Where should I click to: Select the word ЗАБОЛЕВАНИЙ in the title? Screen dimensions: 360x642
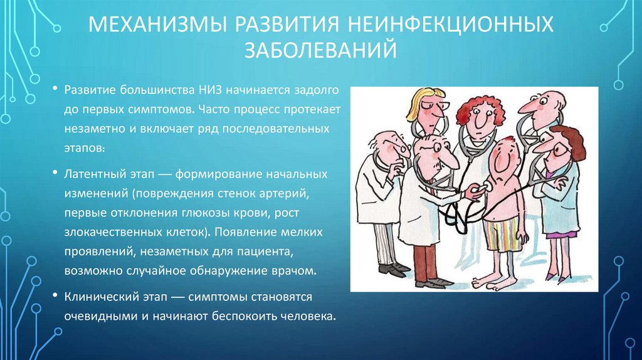point(321,50)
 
